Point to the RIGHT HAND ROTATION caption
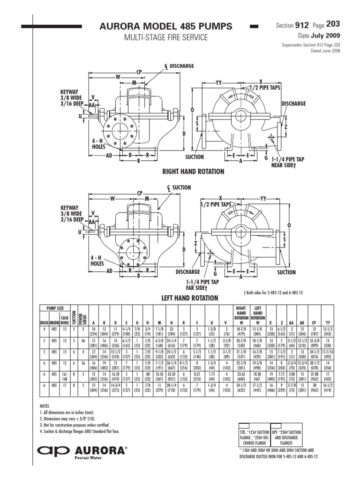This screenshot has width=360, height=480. click(x=193, y=172)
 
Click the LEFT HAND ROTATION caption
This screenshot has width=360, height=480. click(x=190, y=298)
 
